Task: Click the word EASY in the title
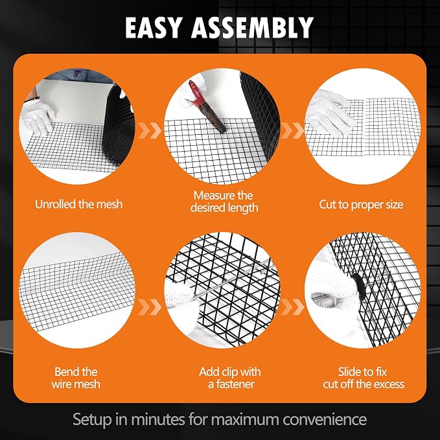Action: (x=154, y=27)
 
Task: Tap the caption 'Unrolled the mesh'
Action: (x=79, y=204)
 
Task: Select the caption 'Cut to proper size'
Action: (x=361, y=205)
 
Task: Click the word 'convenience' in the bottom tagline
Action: (x=325, y=419)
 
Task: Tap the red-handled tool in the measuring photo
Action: (x=207, y=107)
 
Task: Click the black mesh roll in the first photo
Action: (x=118, y=126)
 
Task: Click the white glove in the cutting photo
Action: (x=330, y=112)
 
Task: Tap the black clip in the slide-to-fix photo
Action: (x=358, y=283)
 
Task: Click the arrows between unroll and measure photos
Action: (x=150, y=130)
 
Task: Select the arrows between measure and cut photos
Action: (x=292, y=130)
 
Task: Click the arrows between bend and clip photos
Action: (x=150, y=307)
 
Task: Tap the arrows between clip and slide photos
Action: (x=292, y=307)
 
